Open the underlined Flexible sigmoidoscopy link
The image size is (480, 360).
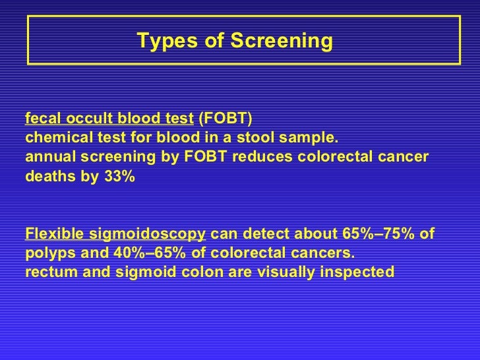[x=115, y=235]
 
